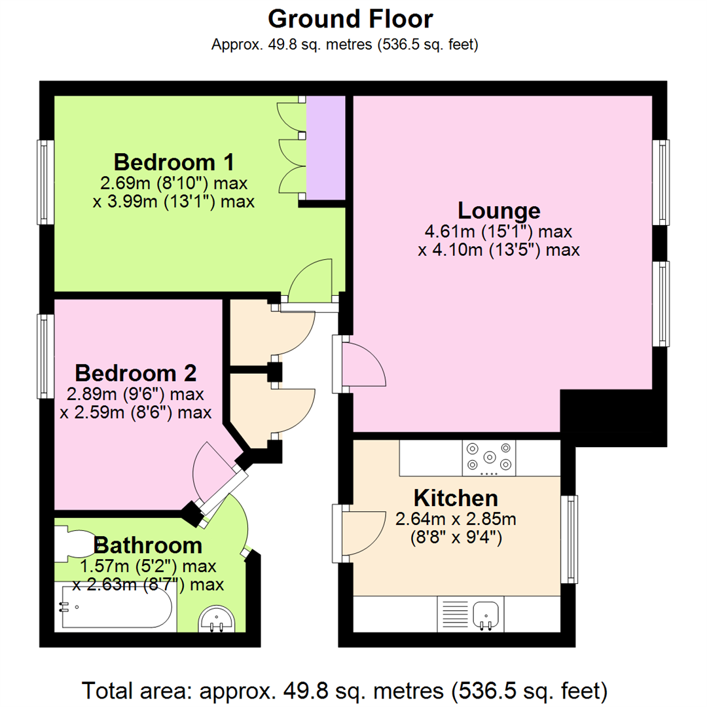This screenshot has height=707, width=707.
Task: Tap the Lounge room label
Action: (x=499, y=211)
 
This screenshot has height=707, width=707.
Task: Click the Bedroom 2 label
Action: (x=136, y=373)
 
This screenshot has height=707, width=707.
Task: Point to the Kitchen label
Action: (x=456, y=498)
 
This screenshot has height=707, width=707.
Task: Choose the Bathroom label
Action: (x=148, y=545)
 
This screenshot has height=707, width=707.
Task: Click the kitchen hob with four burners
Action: (x=488, y=457)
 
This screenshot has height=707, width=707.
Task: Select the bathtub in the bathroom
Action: (x=116, y=608)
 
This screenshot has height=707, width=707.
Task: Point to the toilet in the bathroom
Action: (x=73, y=545)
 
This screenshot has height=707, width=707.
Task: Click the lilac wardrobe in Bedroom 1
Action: (x=325, y=148)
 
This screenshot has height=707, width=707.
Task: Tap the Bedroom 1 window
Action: (x=44, y=181)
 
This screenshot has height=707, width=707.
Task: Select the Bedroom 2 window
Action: (x=44, y=357)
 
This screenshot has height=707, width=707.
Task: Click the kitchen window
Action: (x=573, y=539)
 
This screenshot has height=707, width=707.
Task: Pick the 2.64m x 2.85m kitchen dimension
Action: (x=456, y=520)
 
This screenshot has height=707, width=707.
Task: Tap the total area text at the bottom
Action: (x=345, y=690)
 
